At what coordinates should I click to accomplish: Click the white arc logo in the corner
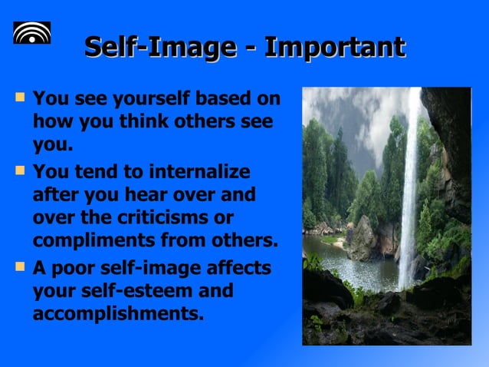(x=32, y=32)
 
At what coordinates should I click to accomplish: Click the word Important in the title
(x=334, y=47)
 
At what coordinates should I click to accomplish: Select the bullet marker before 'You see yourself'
(x=19, y=98)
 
